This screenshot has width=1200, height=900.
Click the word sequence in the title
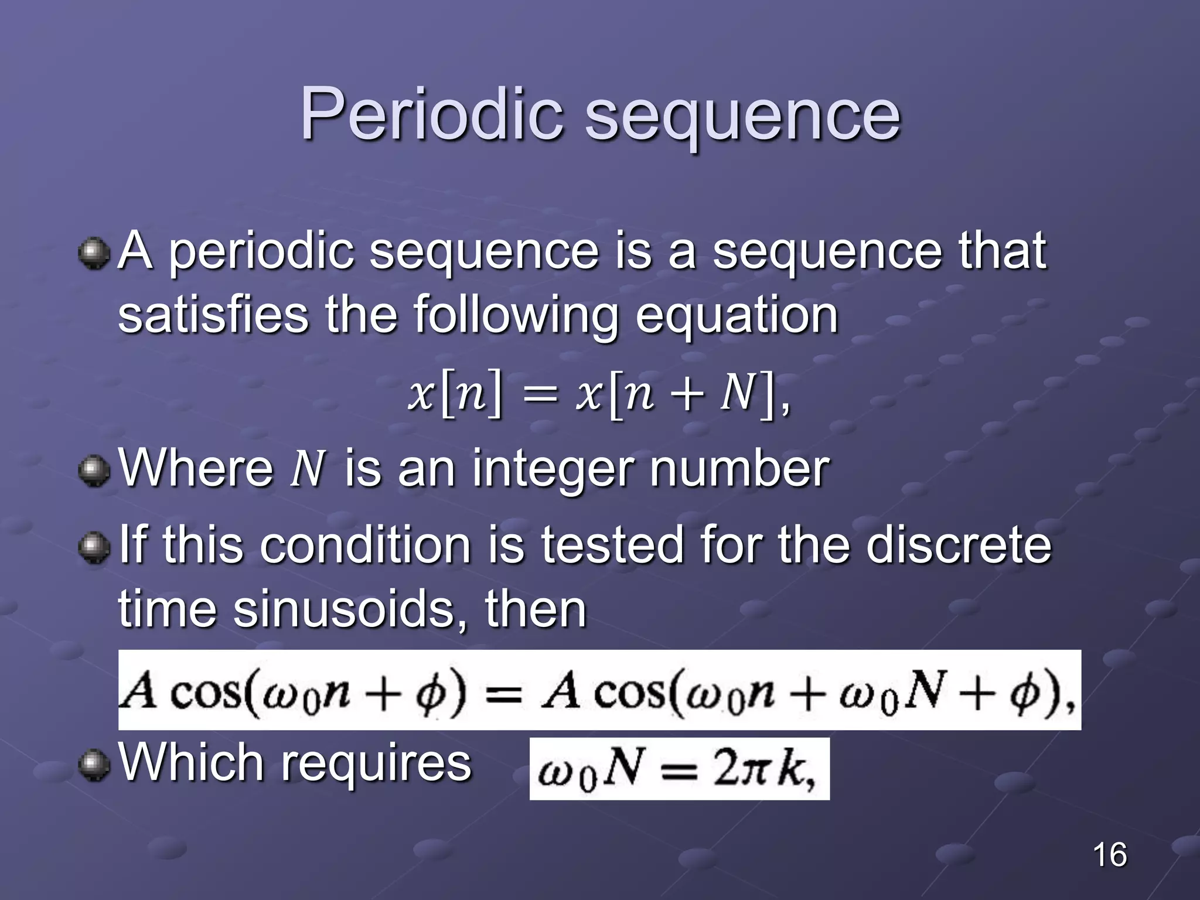742,117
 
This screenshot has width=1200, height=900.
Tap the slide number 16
1109,854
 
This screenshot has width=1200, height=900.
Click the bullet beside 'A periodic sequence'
94,254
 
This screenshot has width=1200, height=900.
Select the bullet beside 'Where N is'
94,471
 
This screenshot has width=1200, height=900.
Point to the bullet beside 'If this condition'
94,548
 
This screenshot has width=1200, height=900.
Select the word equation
737,316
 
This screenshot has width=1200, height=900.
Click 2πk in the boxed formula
762,769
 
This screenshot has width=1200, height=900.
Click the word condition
365,545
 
